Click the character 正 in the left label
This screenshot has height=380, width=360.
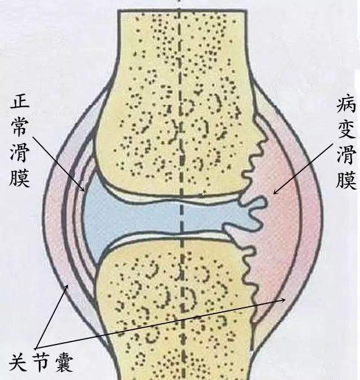click(20, 101)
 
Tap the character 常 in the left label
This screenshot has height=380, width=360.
click(20, 126)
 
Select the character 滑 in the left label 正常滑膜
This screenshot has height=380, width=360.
click(20, 152)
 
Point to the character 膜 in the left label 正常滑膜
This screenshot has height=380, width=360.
click(20, 178)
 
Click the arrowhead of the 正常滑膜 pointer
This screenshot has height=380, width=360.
click(83, 189)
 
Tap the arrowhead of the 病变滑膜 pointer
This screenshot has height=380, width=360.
click(275, 192)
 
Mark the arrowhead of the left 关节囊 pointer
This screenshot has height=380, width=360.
click(67, 287)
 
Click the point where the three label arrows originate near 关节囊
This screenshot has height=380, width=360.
click(36, 348)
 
